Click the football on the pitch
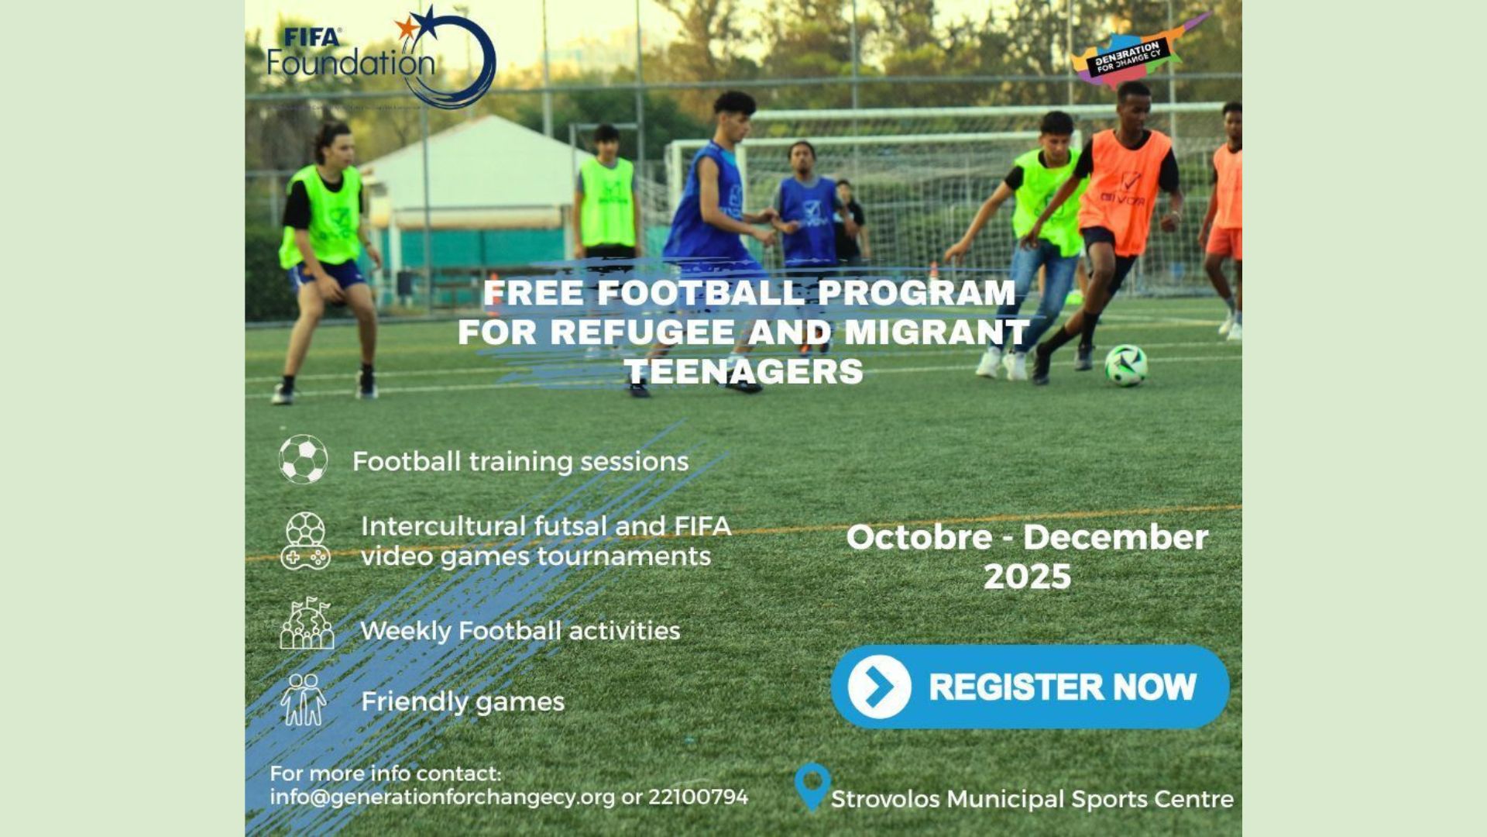1126,365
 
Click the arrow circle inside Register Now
879,686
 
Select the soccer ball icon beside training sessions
303,460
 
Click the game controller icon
305,541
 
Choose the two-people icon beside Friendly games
304,700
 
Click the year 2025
1027,577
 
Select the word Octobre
919,537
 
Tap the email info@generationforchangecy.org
442,797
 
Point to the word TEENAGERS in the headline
744,371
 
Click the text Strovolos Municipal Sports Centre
1032,799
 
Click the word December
1116,537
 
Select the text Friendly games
463,702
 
